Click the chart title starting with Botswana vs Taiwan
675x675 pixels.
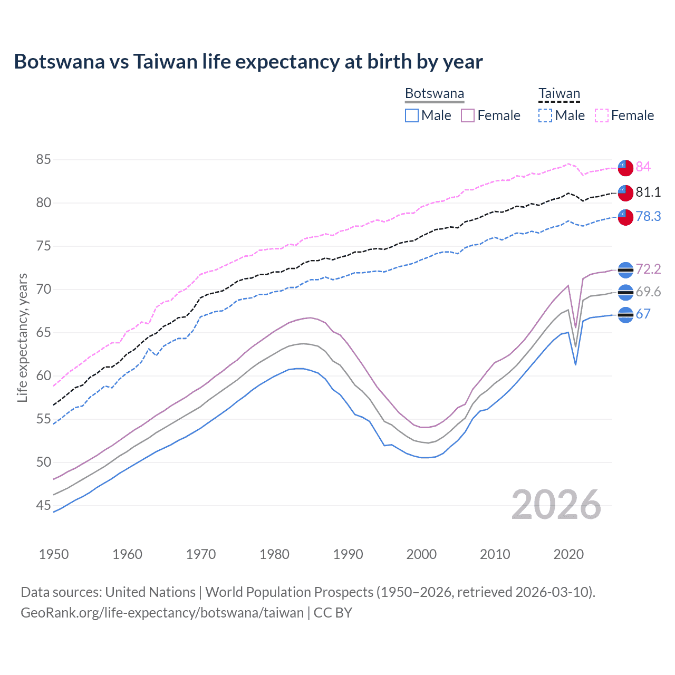248,62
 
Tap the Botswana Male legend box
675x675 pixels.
412,115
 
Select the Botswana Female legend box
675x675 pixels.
468,115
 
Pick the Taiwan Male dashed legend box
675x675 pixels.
545,115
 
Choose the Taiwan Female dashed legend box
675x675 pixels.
602,115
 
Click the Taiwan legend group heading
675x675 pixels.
559,94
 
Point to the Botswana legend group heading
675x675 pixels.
435,94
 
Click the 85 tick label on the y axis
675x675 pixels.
44,159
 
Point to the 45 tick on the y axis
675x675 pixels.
44,505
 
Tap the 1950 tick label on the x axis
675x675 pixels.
54,554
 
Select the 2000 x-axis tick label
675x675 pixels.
421,554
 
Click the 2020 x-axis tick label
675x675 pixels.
568,554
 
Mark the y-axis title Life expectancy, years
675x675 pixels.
22,337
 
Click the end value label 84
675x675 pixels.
643,167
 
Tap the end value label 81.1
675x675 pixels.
648,192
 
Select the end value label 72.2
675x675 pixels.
648,269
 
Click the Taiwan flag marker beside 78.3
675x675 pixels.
625,217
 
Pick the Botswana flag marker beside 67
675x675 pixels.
625,315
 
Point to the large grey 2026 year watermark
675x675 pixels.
556,505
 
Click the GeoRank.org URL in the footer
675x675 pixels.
162,613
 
